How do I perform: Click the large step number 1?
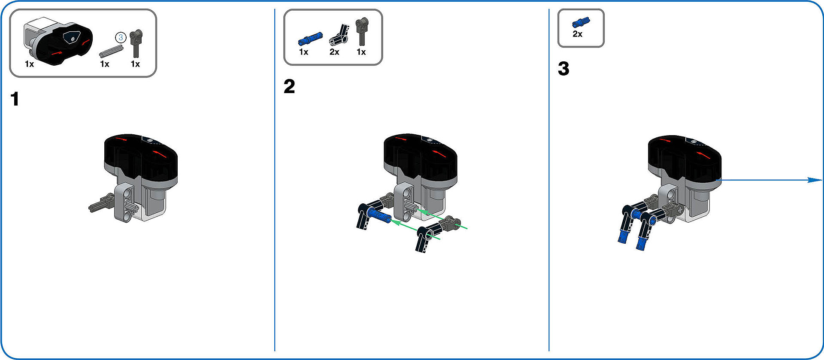click(15, 99)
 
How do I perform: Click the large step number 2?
click(289, 86)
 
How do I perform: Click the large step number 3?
click(563, 68)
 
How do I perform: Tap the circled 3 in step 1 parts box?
click(121, 37)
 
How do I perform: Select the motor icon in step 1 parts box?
click(58, 41)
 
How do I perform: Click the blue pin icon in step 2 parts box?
click(310, 38)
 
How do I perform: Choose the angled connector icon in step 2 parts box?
click(339, 35)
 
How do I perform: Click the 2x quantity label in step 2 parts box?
click(334, 52)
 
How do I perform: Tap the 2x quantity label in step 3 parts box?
click(577, 34)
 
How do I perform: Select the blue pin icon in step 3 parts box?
click(581, 22)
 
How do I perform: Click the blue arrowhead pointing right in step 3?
click(815, 180)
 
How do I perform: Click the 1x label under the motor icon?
click(29, 64)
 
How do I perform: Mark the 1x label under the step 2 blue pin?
click(303, 52)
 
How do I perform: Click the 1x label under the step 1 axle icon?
click(104, 64)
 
